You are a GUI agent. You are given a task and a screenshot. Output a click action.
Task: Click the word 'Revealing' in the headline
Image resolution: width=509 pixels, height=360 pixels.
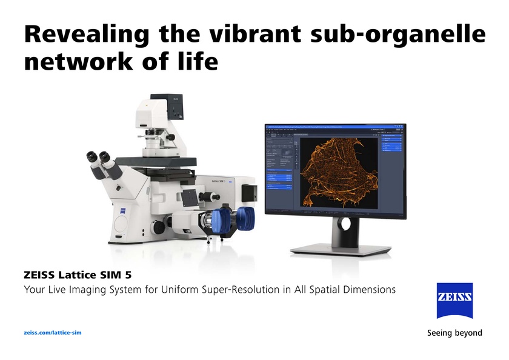pos(85,35)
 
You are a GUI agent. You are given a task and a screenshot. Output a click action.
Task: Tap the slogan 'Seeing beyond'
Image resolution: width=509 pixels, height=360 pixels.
pos(454,333)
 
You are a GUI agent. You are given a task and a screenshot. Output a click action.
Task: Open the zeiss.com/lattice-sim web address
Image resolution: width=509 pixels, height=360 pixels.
pos(52,333)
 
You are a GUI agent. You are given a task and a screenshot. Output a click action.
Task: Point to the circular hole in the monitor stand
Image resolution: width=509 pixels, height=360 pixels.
pos(345,224)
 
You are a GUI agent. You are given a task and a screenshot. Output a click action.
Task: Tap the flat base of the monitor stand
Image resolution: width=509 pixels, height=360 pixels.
pos(341,249)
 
